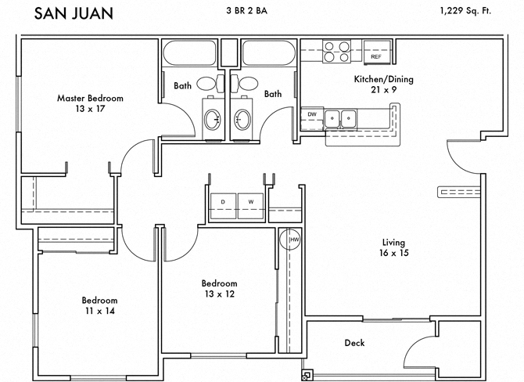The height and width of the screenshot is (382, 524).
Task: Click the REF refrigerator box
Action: point(375,57)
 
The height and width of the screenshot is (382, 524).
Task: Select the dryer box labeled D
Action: point(223,202)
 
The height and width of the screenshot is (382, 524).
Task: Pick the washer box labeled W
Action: point(251,202)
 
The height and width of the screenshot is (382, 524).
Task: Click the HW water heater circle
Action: point(294,239)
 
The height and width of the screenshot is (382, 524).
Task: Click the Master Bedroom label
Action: point(90,104)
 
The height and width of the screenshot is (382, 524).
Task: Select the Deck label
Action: point(354,343)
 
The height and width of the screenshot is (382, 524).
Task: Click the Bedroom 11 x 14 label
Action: point(99,305)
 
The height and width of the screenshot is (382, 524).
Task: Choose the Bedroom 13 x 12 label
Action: point(219,289)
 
